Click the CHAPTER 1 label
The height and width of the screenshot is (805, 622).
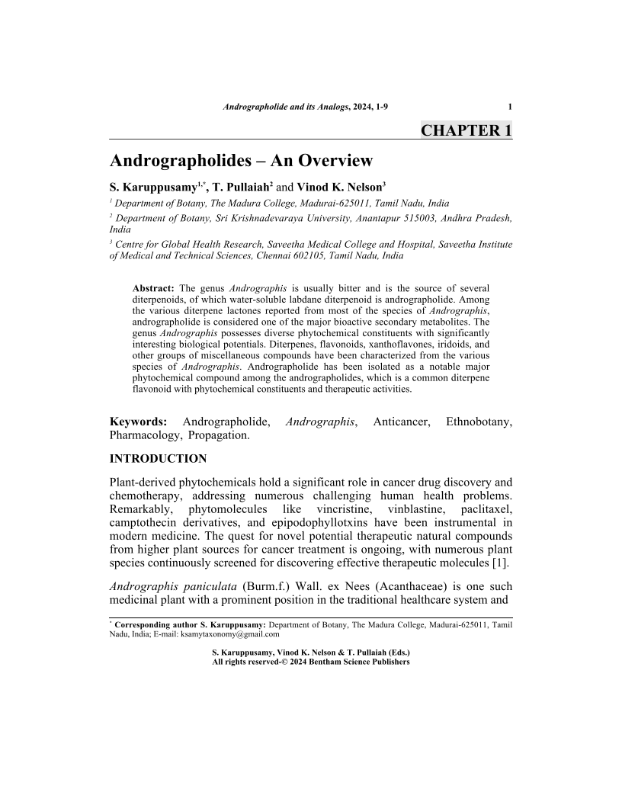pos(466,130)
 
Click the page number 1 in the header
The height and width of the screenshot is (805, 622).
pos(509,107)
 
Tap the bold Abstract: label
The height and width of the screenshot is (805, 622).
pos(154,287)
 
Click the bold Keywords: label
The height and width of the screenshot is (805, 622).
pos(138,422)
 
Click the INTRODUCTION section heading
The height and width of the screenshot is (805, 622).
pos(159,459)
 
